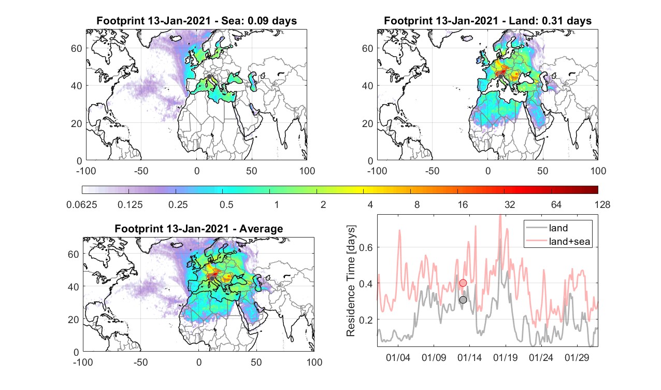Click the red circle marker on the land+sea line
click(463, 283)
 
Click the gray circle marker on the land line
click(463, 300)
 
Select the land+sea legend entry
click(558, 241)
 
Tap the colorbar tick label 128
click(602, 204)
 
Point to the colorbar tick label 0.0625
click(81, 204)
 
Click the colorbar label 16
click(463, 204)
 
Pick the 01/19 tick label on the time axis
click(505, 357)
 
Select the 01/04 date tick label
click(398, 357)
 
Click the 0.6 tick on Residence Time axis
click(366, 247)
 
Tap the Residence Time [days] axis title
click(351, 281)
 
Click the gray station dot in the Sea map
click(209, 77)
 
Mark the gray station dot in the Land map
click(500, 77)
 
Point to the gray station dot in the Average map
click(212, 278)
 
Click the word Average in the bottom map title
click(261, 229)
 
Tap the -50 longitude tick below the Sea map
click(141, 171)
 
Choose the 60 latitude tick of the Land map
click(367, 48)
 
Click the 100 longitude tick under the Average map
click(314, 362)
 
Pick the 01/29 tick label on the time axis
click(577, 357)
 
